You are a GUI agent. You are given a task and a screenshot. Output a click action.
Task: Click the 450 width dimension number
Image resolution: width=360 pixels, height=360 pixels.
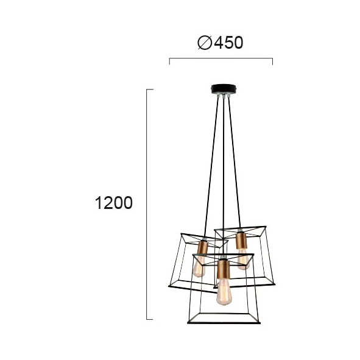(x=228, y=43)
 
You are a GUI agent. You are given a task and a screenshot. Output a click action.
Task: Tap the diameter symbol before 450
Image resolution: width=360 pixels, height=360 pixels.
(x=205, y=43)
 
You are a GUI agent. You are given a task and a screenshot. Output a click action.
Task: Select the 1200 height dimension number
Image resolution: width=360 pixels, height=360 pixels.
(x=114, y=203)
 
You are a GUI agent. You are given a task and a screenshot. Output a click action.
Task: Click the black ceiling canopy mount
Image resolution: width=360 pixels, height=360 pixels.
(x=224, y=89)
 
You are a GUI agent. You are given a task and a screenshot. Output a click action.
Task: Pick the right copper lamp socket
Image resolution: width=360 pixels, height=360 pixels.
(x=241, y=241)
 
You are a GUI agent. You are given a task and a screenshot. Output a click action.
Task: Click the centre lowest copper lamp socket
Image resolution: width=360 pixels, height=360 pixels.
(x=224, y=269)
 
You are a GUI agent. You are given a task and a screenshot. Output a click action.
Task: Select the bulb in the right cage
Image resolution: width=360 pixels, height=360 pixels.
(x=243, y=259)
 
